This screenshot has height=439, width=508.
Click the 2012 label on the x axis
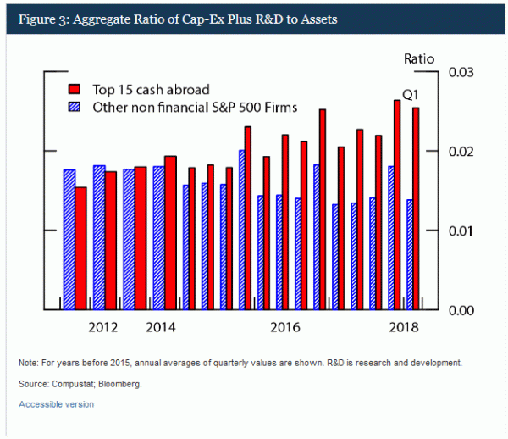point(103,327)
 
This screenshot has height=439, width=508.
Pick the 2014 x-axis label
point(161,327)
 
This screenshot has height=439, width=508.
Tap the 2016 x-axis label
point(285,327)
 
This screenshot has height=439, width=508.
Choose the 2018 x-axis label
point(402,327)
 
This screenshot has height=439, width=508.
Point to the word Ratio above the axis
point(417,58)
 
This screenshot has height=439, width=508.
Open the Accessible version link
point(56,404)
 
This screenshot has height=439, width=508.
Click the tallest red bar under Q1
point(396,205)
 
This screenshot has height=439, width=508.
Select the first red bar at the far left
point(80,248)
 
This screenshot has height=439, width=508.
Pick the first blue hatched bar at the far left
point(69,240)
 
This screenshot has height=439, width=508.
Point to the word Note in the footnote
point(28,363)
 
